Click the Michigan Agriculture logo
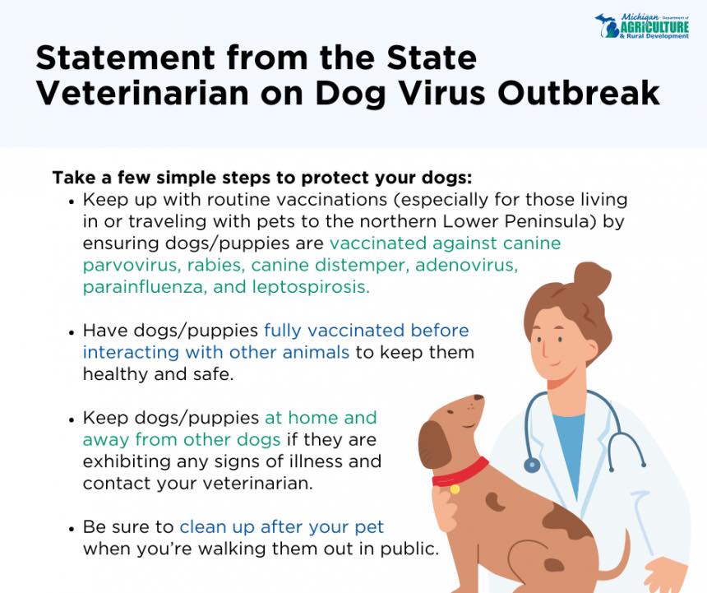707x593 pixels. [642, 26]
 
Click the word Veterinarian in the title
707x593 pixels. [142, 93]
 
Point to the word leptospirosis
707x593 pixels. [311, 287]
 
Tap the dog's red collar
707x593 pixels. [460, 472]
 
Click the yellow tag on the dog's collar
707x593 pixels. [455, 489]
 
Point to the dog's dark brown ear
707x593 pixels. [435, 446]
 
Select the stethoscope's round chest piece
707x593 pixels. [532, 465]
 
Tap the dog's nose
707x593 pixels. [479, 399]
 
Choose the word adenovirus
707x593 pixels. [466, 265]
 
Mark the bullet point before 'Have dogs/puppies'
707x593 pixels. [72, 332]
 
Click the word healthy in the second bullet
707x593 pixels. [115, 374]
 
